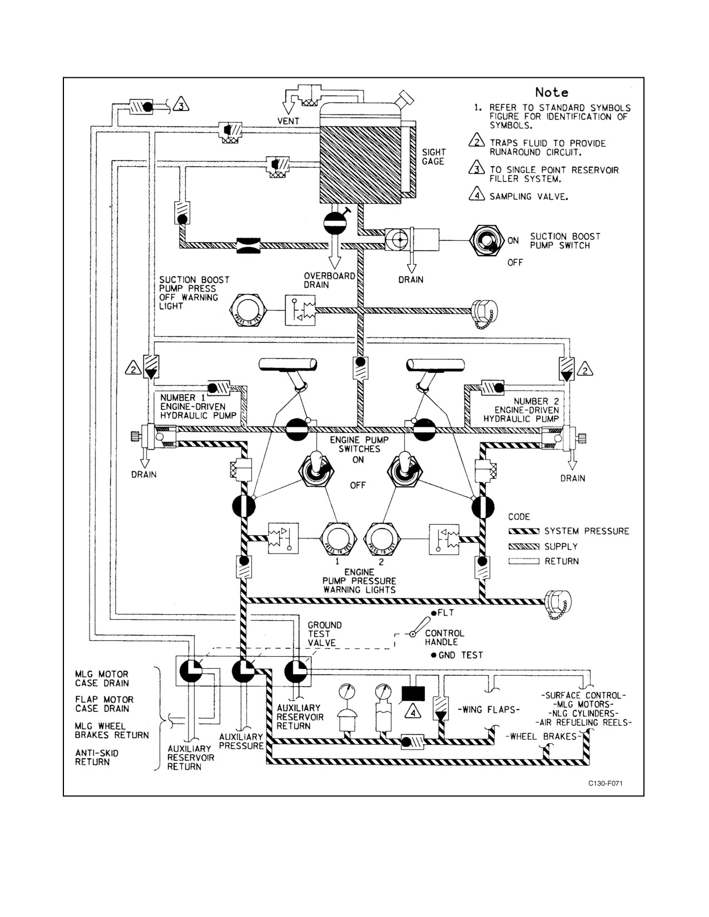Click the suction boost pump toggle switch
487,241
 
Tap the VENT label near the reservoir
288,121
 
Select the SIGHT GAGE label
434,157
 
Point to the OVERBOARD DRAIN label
329,280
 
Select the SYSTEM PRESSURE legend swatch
524,531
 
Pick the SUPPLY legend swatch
524,546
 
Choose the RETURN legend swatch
524,561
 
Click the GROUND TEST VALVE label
324,634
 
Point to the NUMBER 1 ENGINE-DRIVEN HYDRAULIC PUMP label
198,406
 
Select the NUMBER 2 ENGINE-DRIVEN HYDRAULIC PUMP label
521,410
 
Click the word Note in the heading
552,92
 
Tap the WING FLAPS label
489,709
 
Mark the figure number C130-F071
605,783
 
